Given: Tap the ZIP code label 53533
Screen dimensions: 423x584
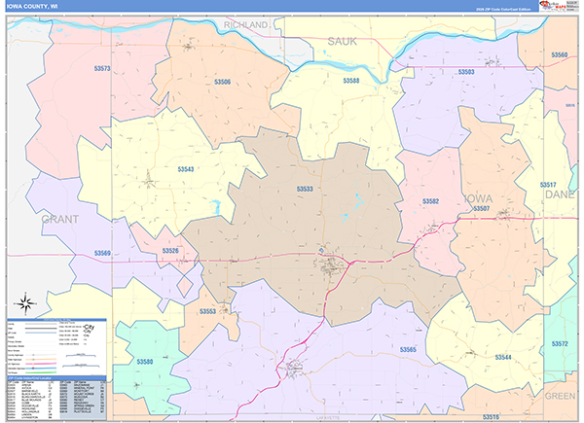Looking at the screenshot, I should click(305, 190).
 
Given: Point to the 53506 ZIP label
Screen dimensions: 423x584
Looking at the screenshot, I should click(223, 83).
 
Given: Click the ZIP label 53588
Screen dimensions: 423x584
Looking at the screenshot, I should click(350, 81).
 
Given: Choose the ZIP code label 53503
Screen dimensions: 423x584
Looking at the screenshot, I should click(465, 72).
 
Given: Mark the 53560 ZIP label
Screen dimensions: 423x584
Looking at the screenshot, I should click(559, 55).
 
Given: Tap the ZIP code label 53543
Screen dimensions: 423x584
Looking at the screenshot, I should click(186, 169).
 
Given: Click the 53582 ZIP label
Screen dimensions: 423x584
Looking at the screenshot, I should click(430, 201).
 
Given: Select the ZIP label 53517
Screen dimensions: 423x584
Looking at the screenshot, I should click(548, 184).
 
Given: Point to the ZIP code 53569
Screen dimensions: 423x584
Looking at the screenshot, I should click(103, 254).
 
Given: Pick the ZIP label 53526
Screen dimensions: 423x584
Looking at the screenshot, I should click(171, 251).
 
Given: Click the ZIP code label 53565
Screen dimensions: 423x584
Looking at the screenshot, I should click(408, 349).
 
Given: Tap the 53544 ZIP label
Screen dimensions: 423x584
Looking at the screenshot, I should click(502, 357).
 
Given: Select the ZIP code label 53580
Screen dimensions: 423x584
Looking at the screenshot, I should click(145, 363).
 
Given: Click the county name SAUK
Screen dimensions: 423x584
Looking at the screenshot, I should click(343, 41).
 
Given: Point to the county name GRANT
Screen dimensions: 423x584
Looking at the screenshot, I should click(60, 220).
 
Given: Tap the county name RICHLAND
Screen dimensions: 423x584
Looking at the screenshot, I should click(245, 23).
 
